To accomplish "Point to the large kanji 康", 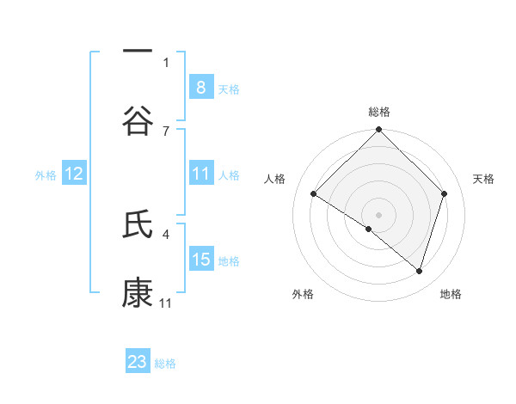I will pyautogui.click(x=138, y=294).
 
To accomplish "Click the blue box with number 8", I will pyautogui.click(x=200, y=87).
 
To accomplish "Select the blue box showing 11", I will pyautogui.click(x=200, y=174).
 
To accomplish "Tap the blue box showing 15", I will pyautogui.click(x=200, y=260).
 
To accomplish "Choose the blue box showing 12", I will pyautogui.click(x=74, y=174).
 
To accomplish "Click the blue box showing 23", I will pyautogui.click(x=138, y=362).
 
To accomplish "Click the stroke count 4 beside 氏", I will pyautogui.click(x=166, y=233).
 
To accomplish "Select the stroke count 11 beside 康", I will pyautogui.click(x=166, y=303).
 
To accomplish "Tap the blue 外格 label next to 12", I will pyautogui.click(x=46, y=174).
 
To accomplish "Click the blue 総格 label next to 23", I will pyautogui.click(x=165, y=364).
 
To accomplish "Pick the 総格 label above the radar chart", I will pyautogui.click(x=378, y=112).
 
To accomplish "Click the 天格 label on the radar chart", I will pyautogui.click(x=484, y=179).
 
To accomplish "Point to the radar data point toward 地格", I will pyautogui.click(x=419, y=271).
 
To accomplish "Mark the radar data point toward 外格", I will pyautogui.click(x=369, y=229).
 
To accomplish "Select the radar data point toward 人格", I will pyautogui.click(x=314, y=194).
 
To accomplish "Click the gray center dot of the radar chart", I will pyautogui.click(x=378, y=214).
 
